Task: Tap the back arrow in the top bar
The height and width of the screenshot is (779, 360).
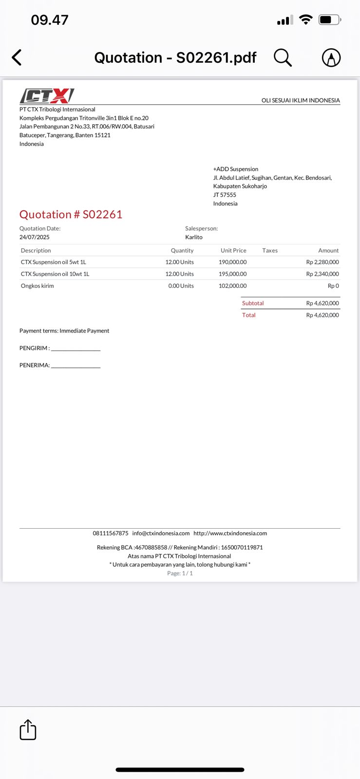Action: pos(17,57)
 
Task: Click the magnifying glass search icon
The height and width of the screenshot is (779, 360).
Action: pos(282,57)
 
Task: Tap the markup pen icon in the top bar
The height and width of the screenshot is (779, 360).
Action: pos(331,57)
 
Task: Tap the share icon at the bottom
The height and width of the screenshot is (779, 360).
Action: pos(28,730)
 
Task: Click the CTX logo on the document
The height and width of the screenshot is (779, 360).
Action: pos(47,95)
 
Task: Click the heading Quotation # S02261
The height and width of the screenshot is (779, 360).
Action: pos(71,214)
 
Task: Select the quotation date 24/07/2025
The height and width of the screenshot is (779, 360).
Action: pos(35,237)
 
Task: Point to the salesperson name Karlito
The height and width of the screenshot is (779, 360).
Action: pos(194,237)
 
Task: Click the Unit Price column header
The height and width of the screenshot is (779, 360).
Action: pos(233,250)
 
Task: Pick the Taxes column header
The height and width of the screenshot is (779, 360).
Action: pos(270,250)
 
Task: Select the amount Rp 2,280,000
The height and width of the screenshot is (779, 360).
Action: pos(322,262)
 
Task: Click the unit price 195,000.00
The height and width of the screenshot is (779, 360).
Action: pos(232,274)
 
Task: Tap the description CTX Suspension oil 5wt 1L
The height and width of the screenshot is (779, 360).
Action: pos(53,262)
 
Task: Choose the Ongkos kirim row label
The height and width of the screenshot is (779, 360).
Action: pos(38,286)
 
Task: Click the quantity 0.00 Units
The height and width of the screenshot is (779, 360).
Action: pos(181,286)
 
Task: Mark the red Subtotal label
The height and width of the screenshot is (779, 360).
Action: pos(253,303)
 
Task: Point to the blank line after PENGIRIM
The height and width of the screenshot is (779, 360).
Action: pos(76,349)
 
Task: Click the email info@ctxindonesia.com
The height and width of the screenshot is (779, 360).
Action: pos(161,533)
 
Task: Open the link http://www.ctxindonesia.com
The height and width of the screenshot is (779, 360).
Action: pos(230,533)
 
